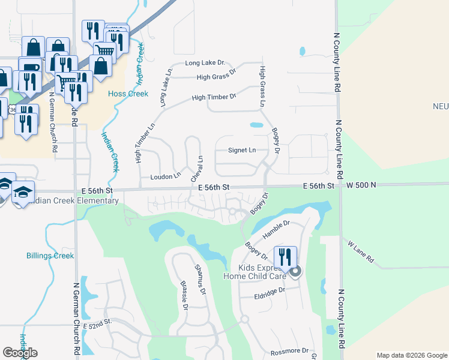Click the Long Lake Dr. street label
[205, 62]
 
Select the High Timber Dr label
[214, 96]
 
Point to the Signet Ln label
[242, 150]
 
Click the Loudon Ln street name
[165, 177]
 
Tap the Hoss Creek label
[128, 94]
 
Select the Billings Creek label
[50, 256]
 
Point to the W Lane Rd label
[361, 252]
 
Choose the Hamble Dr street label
[276, 230]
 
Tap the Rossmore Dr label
[289, 350]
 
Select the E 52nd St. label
[98, 323]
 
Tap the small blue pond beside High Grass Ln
[256, 125]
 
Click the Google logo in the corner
[20, 353]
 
